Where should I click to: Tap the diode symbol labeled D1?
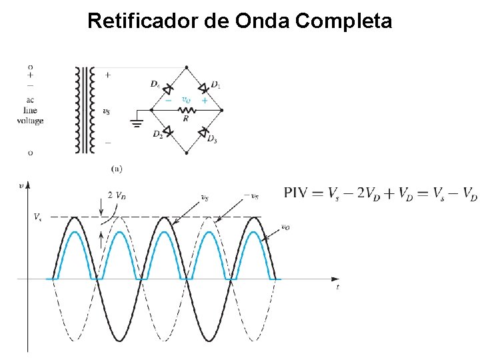point(204,88)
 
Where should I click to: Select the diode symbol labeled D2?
point(167,131)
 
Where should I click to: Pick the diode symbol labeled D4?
point(167,88)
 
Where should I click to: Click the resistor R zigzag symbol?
point(186,110)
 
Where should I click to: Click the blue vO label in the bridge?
point(187,100)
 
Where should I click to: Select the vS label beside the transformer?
point(107,111)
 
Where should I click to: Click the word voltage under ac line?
point(31,121)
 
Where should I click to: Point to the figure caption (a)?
point(117,169)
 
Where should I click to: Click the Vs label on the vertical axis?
point(37,217)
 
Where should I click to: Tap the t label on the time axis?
point(337,287)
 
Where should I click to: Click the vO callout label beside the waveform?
point(286,227)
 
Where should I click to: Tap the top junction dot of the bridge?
point(186,67)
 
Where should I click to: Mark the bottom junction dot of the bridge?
point(186,153)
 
